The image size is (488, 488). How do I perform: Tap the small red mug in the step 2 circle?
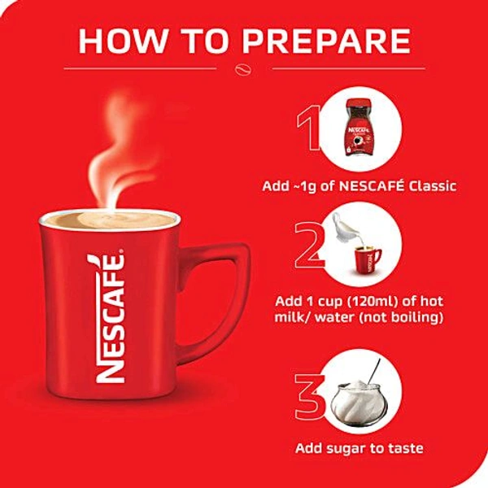[x=366, y=259]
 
